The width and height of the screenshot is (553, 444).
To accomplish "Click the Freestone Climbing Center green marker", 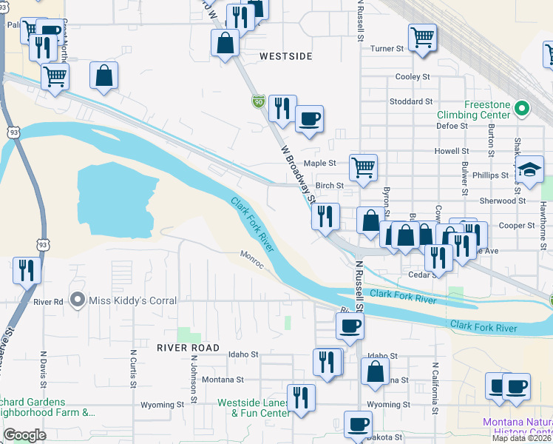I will (523, 110).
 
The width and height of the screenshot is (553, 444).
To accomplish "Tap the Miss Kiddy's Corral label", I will (132, 300).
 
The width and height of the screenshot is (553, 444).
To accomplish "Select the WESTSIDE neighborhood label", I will (286, 56).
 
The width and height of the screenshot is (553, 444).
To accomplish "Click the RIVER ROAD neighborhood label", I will (188, 348).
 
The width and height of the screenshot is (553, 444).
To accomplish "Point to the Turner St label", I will (387, 49).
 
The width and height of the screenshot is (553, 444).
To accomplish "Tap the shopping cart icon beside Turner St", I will (421, 37).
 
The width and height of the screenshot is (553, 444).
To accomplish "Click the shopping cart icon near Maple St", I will (363, 168).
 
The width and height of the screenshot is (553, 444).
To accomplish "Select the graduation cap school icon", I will (529, 169).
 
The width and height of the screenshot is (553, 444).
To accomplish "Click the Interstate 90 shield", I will (258, 101).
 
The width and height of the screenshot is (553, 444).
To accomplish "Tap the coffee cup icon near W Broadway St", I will (309, 118).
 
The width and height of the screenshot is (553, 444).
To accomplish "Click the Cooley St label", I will (413, 77).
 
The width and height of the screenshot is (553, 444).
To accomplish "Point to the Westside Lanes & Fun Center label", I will (253, 408).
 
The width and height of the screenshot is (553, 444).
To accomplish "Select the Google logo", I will (24, 435).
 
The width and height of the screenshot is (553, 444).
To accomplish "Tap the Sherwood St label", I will (502, 201).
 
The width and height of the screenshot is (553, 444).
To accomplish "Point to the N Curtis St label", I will (133, 369).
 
